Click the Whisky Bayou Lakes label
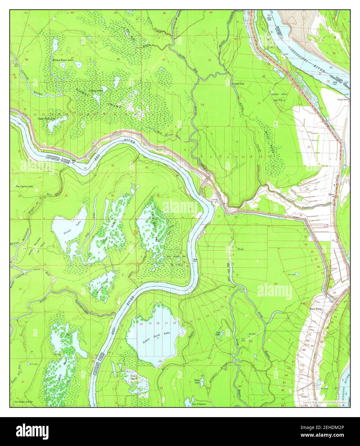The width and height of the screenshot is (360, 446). [x=64, y=60]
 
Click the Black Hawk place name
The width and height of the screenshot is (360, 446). [x=315, y=309]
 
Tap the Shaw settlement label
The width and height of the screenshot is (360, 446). [x=331, y=195]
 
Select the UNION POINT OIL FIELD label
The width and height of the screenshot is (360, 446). [x=279, y=97]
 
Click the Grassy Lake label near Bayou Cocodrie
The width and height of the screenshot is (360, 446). [x=238, y=84]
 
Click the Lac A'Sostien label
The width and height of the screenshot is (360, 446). [x=199, y=404]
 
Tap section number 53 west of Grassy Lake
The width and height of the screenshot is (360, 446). [x=202, y=105]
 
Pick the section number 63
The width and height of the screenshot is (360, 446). [x=276, y=284]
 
